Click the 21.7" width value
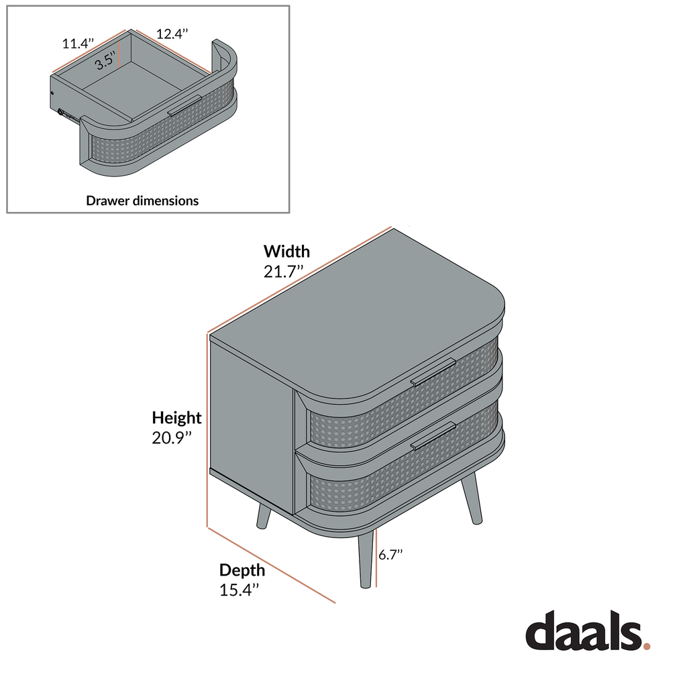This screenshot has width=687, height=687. click(283, 272)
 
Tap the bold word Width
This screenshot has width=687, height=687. click(286, 252)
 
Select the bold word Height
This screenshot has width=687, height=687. click(176, 418)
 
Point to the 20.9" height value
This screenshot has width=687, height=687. click(172, 437)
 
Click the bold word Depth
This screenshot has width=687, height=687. click(242, 570)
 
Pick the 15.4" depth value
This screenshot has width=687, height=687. click(240, 590)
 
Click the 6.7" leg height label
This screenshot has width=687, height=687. click(390, 555)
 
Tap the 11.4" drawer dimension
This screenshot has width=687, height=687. click(78, 44)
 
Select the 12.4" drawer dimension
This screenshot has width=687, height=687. click(172, 34)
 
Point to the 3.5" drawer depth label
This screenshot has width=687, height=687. click(105, 60)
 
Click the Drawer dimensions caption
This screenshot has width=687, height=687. click(142, 201)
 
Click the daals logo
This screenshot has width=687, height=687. click(588, 631)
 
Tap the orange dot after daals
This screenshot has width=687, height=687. click(646, 646)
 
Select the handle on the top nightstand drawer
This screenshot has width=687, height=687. click(433, 372)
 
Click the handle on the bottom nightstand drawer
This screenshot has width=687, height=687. click(433, 435)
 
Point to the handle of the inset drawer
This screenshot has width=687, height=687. click(184, 105)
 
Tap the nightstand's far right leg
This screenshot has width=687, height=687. click(471, 498)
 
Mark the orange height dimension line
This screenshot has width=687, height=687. click(207, 430)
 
